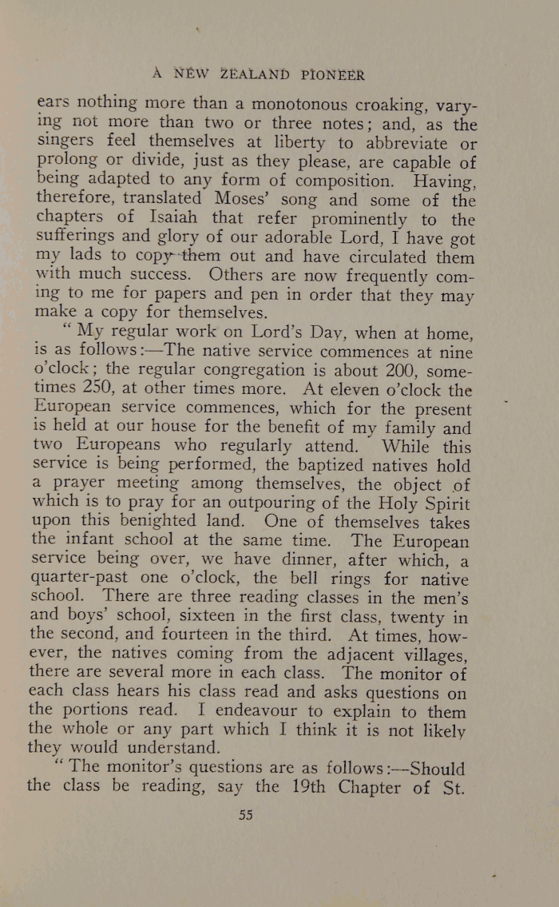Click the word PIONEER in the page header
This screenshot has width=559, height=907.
click(x=334, y=76)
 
